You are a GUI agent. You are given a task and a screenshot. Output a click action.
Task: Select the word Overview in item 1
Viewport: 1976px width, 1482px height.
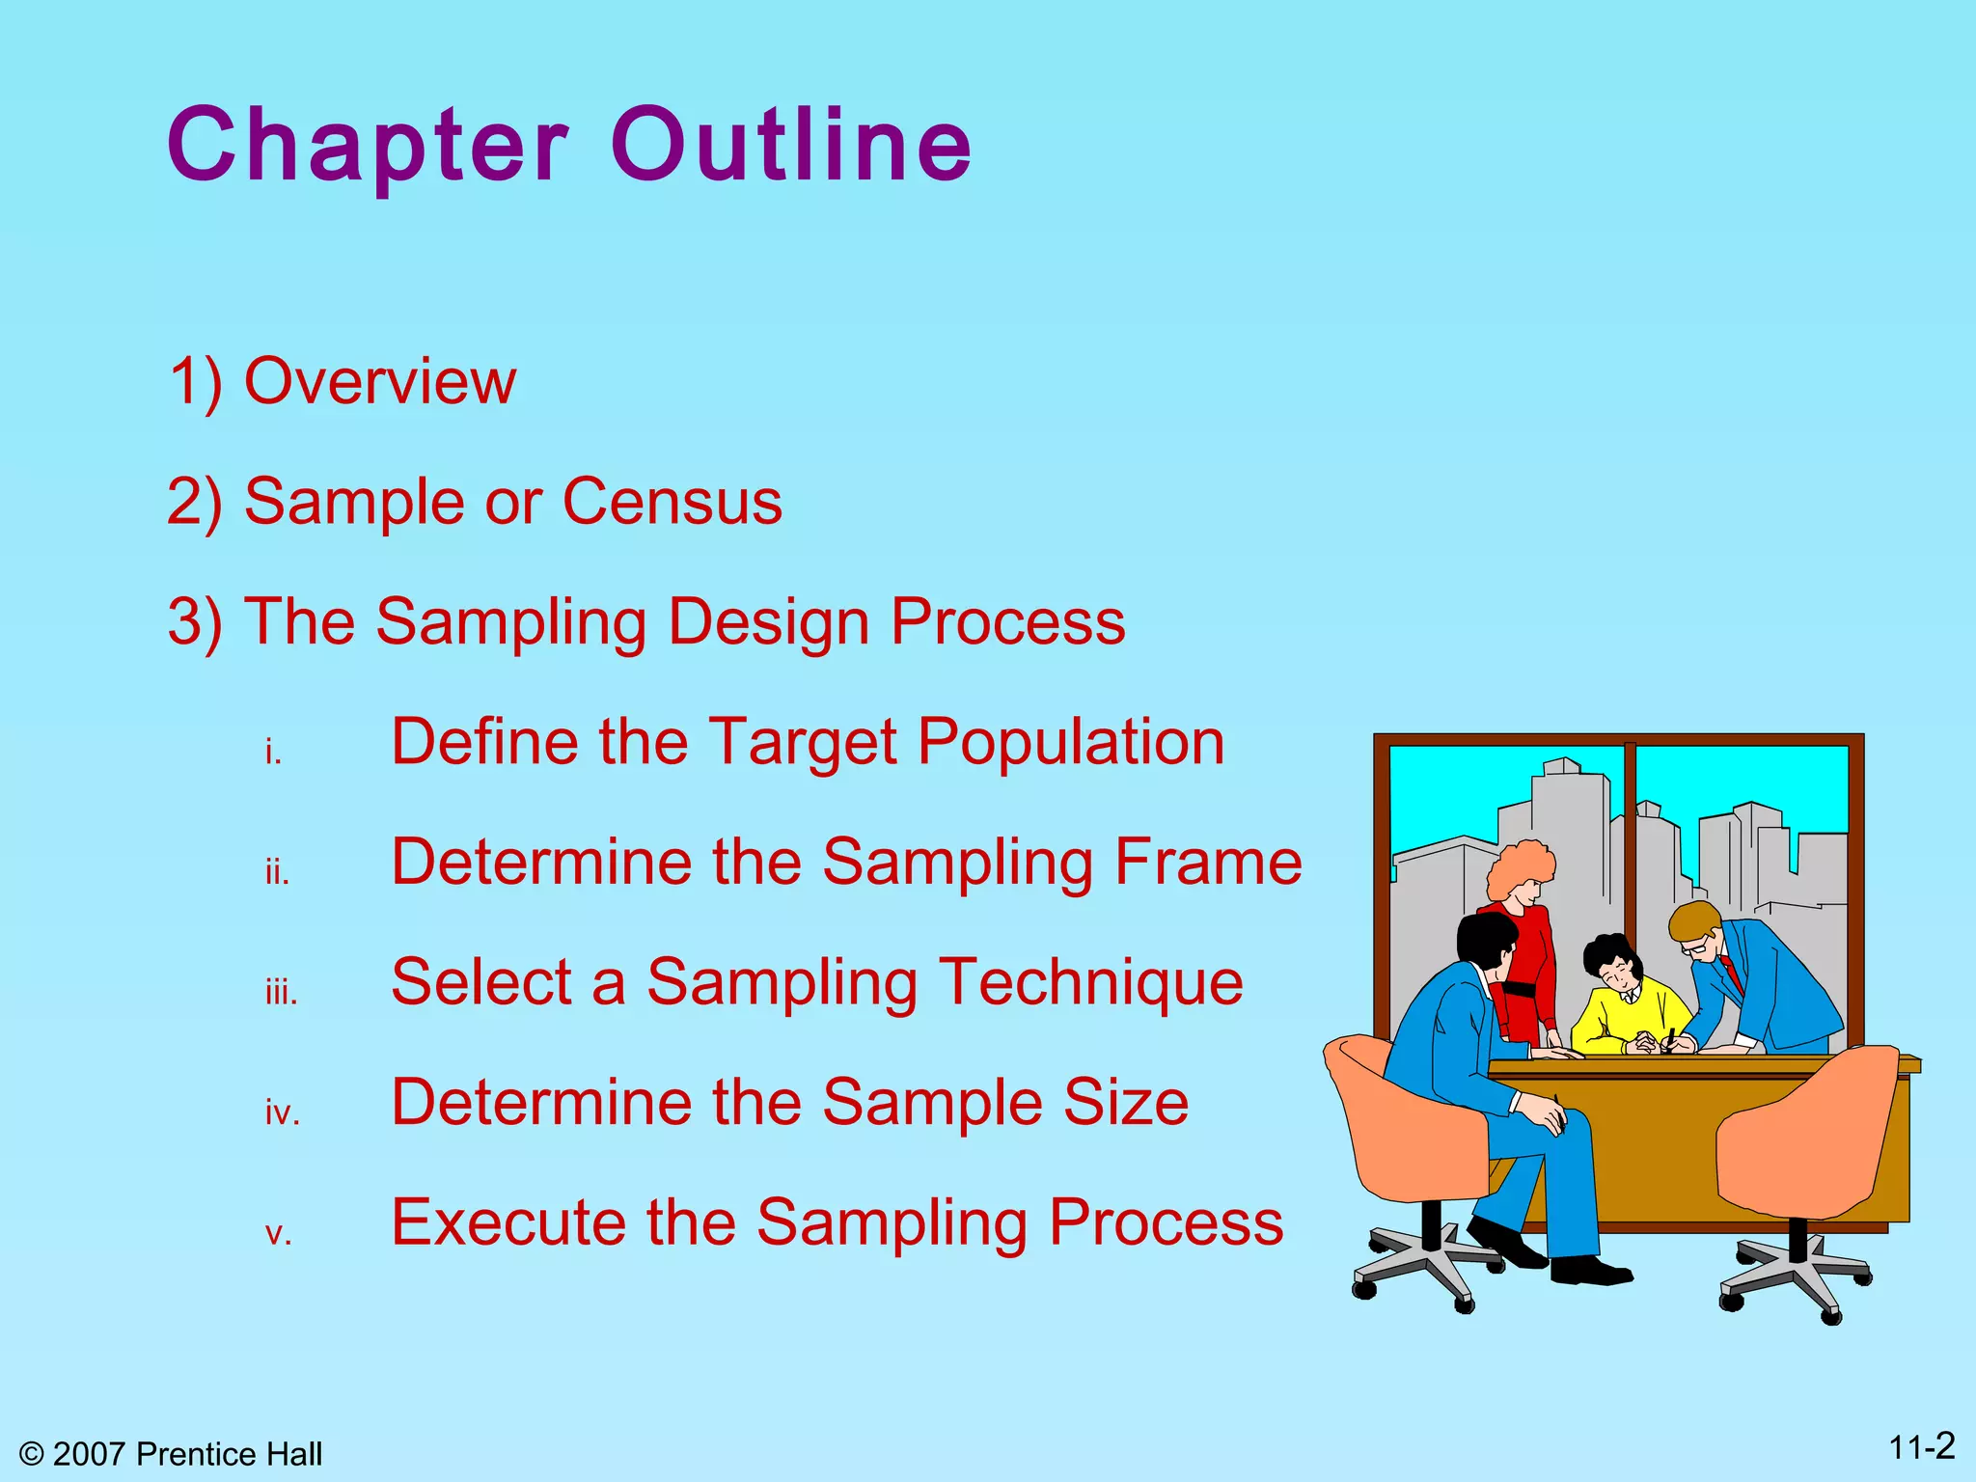pos(380,381)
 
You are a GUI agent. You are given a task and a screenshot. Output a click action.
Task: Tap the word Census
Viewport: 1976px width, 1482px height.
pos(672,502)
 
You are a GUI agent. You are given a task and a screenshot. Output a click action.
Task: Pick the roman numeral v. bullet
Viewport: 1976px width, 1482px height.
pos(278,1233)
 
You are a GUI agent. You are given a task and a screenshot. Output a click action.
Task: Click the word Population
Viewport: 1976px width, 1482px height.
pos(1070,742)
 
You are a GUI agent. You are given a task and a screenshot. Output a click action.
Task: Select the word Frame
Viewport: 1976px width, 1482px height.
pos(1208,862)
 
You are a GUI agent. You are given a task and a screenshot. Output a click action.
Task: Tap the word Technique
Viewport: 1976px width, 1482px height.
pos(1090,982)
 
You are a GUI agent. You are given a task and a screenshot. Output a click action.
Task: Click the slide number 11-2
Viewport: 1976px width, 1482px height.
pos(1921,1447)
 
